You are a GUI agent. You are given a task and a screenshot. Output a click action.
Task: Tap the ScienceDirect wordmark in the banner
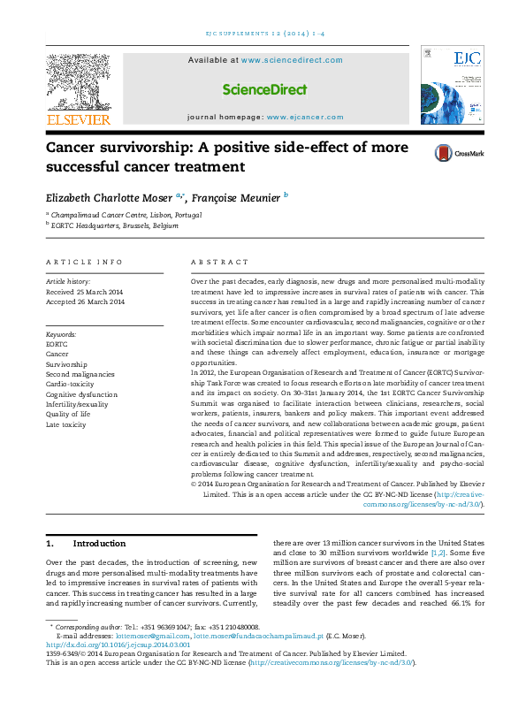[x=264, y=89]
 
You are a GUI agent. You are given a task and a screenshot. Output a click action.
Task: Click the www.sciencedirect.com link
[x=291, y=60]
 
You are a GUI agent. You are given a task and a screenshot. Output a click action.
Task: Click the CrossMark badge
[x=458, y=153]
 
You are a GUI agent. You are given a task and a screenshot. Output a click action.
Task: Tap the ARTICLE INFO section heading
[x=84, y=262]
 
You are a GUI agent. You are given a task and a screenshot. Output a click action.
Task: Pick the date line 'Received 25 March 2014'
[x=85, y=291]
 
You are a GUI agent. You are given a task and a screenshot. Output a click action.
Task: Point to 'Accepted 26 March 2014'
[x=85, y=301]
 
